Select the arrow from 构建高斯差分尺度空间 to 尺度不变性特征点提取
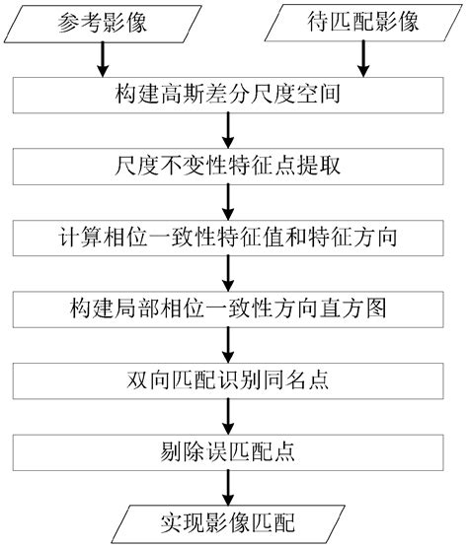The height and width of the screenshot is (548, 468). pos(229,131)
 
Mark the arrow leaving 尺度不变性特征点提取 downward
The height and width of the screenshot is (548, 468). pos(229,202)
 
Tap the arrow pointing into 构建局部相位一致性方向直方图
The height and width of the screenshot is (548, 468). pos(229,273)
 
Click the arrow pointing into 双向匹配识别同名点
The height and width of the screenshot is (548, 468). pos(229,344)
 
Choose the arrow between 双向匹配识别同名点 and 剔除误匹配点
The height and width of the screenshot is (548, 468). pos(229,415)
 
